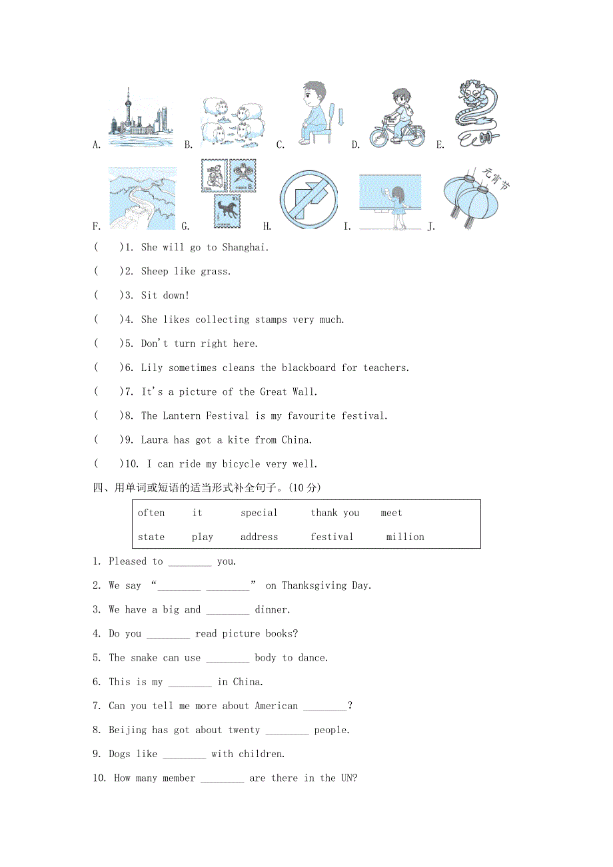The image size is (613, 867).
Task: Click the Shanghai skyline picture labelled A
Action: click(x=141, y=119)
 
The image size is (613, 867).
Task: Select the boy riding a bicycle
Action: click(x=398, y=118)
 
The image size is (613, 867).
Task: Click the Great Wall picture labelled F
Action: click(x=143, y=198)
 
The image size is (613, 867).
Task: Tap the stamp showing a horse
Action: click(x=227, y=212)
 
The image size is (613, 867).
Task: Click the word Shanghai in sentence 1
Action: click(x=244, y=248)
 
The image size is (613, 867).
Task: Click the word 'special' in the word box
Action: click(x=259, y=513)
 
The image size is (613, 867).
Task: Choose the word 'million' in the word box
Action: click(x=404, y=537)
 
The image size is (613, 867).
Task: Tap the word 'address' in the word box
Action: click(x=259, y=537)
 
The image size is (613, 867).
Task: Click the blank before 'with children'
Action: click(x=184, y=755)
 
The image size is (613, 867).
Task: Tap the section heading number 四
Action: click(x=97, y=488)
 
